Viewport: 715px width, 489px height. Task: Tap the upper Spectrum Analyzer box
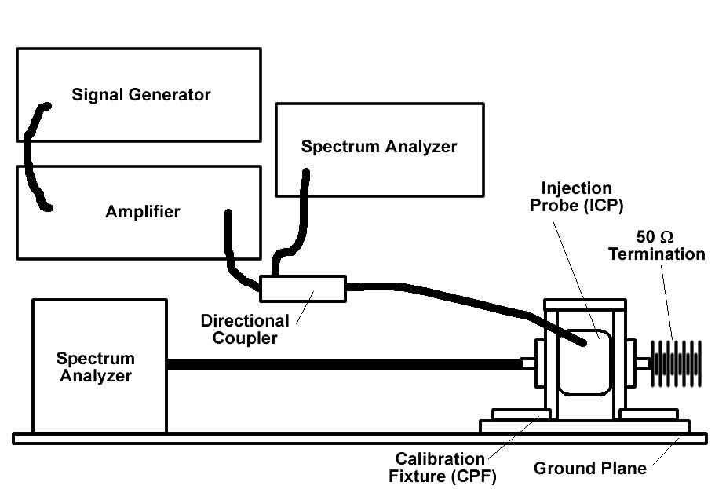pos(379,169)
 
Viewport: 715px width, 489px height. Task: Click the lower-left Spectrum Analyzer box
pos(99,392)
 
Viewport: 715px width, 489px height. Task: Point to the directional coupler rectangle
pos(303,288)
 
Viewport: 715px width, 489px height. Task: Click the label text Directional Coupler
pos(245,330)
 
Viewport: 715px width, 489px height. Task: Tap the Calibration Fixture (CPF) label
pos(440,467)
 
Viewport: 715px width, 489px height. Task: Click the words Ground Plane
pos(590,469)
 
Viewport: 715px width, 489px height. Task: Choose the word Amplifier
pos(143,212)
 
